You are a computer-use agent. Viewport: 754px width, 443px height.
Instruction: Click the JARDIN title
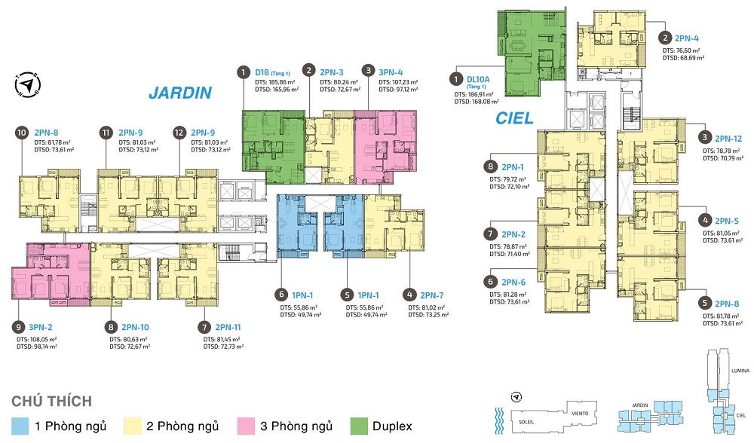click(x=179, y=93)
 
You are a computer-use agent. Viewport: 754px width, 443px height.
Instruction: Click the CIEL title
click(x=514, y=118)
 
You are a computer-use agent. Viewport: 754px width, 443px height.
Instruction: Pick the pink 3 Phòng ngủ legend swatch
click(x=246, y=426)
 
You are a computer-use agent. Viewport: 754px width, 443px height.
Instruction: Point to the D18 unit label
click(x=264, y=72)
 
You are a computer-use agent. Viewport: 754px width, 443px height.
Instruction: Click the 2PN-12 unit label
click(x=729, y=139)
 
